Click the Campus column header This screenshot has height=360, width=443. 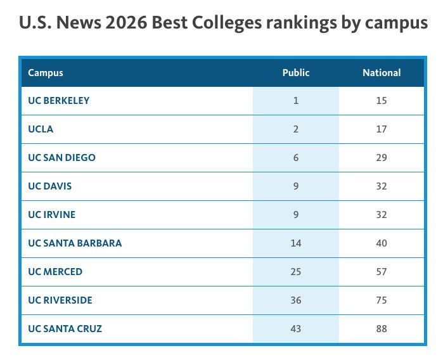[x=46, y=73]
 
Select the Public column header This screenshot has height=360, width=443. [x=296, y=73]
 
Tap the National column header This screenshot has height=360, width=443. [x=382, y=73]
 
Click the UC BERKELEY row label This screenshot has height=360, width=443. [x=59, y=101]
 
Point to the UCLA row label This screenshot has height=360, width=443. [x=41, y=129]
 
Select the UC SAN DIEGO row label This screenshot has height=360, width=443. [x=61, y=158]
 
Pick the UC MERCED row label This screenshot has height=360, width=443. [x=55, y=272]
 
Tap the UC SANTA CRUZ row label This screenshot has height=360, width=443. [x=65, y=329]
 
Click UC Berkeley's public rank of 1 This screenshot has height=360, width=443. [x=296, y=101]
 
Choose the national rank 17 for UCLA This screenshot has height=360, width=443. [x=381, y=129]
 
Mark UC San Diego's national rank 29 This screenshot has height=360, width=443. [x=381, y=158]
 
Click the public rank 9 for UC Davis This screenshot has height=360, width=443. [x=296, y=186]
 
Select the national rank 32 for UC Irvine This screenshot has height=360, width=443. [x=381, y=215]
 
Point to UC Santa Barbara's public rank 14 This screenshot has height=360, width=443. [x=296, y=243]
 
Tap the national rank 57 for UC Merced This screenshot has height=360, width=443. [x=381, y=272]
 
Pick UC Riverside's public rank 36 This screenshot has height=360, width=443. [x=296, y=300]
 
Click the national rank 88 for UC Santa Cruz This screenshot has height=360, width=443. [x=381, y=329]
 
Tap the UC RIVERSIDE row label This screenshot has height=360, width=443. [x=60, y=300]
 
